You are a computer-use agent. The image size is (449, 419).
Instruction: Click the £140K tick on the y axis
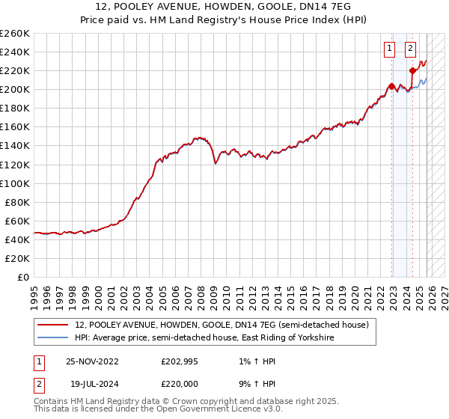pyautogui.click(x=15, y=145)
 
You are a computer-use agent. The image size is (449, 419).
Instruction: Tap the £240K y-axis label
pyautogui.click(x=15, y=52)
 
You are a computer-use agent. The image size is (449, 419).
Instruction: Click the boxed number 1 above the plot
pyautogui.click(x=390, y=49)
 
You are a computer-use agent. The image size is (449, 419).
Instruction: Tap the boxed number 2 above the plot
pyautogui.click(x=411, y=49)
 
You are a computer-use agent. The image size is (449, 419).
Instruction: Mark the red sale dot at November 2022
pyautogui.click(x=391, y=86)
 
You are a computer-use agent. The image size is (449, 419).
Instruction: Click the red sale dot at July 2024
pyautogui.click(x=412, y=70)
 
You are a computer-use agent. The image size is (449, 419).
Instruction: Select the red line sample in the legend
pyautogui.click(x=53, y=325)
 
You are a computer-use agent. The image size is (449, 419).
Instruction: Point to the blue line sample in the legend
pyautogui.click(x=53, y=338)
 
